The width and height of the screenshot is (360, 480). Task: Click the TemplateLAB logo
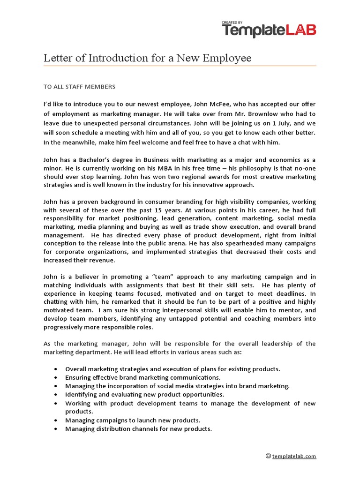(269, 31)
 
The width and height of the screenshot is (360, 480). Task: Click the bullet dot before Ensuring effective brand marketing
(56, 377)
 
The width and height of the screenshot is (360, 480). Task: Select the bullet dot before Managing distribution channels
(56, 429)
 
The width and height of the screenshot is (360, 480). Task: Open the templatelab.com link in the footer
(294, 456)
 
